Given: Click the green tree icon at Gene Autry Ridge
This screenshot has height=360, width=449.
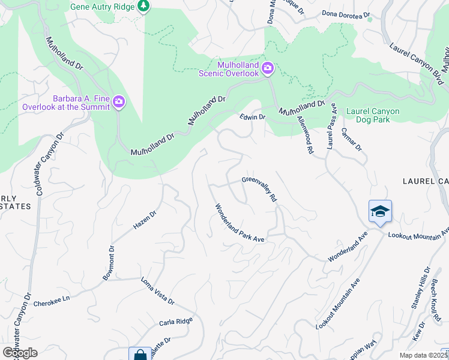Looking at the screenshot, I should pos(143,6).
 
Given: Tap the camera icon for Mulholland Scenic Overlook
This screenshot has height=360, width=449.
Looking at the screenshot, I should pos(268,68).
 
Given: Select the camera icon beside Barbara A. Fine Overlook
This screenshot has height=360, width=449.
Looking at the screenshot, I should pos(119,102).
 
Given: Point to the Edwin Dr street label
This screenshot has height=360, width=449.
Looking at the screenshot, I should pos(252,117).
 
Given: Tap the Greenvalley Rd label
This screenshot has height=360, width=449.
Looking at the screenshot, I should pos(259,188).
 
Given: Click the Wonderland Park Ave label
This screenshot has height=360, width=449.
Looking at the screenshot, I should pos(240,223).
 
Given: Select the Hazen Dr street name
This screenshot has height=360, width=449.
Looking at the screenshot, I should pos(144,221).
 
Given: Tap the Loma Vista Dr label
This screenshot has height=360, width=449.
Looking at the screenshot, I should pos(157,291).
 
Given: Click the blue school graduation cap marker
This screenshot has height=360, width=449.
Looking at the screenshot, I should pos(381,211).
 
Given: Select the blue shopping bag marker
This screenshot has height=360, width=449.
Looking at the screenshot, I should pos(140,355).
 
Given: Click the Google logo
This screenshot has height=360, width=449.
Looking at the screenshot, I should pos(20,353).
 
